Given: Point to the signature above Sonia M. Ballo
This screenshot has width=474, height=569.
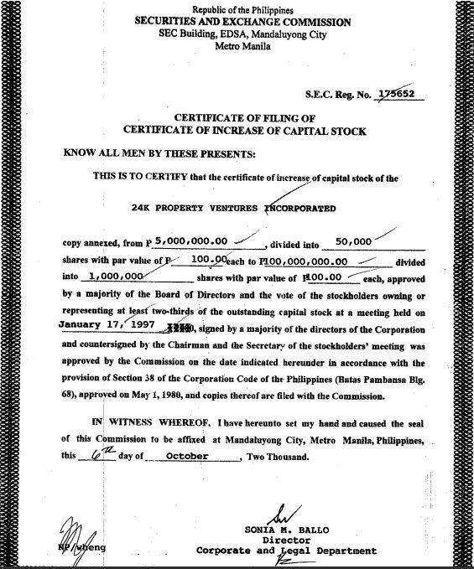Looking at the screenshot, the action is tap(285, 512).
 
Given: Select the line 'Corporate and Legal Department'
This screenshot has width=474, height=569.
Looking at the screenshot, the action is tap(283, 551).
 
